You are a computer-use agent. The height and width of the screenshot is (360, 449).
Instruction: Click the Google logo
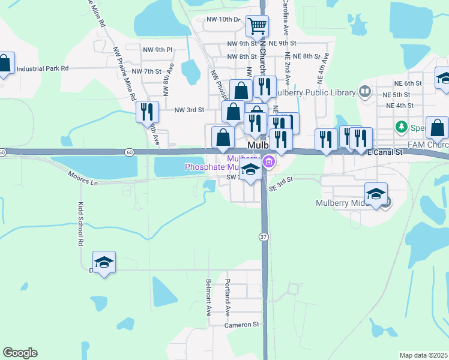(20, 353)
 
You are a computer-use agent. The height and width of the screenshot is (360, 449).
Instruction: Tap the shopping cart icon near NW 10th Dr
(257, 27)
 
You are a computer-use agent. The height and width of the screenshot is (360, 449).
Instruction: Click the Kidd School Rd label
(80, 224)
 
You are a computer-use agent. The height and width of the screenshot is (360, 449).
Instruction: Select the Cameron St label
(241, 325)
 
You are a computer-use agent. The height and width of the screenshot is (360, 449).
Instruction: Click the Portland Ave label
(228, 298)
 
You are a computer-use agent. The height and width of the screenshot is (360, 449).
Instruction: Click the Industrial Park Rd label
(43, 68)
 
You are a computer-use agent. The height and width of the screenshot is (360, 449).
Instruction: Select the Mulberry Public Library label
(316, 92)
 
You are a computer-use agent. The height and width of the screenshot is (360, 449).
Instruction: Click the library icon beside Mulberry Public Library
(365, 92)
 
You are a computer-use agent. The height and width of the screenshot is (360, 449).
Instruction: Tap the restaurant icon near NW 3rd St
(147, 112)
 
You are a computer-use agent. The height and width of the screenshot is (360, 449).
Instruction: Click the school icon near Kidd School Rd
(104, 262)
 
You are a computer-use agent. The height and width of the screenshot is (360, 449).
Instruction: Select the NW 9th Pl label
(157, 50)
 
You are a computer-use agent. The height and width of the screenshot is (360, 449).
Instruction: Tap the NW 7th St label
(146, 71)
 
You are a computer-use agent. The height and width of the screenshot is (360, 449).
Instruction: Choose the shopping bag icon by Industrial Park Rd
(5, 63)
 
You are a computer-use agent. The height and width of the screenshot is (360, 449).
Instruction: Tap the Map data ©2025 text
(423, 355)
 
